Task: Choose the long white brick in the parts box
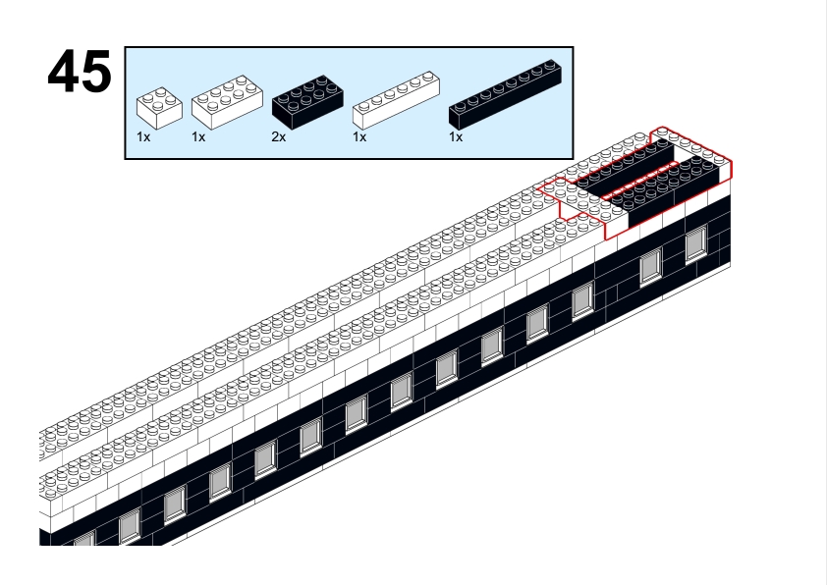pos(395,99)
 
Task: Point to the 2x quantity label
pos(278,137)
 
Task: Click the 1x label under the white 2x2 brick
pos(143,137)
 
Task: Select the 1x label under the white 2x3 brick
pos(198,137)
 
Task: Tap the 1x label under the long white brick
pos(359,137)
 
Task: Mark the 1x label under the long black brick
pos(456,137)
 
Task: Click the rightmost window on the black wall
pos(696,242)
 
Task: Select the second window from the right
pos(650,266)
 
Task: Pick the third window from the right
pos(582,300)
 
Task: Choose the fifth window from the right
pos(491,346)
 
